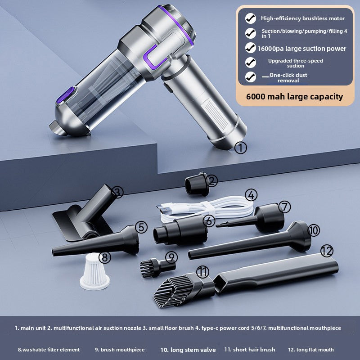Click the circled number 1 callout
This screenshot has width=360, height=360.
241,148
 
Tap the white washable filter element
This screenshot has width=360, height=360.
94,271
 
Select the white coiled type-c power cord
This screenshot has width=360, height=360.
206,208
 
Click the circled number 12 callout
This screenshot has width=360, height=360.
327,251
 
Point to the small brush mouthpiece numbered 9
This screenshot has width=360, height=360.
158,267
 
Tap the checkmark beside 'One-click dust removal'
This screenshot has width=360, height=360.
251,77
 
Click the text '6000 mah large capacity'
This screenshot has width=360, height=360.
294,97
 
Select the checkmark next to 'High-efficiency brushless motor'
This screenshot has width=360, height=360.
251,18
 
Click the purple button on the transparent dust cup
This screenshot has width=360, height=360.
66,95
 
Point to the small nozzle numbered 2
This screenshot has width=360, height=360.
197,184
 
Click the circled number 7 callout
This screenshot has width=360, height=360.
284,207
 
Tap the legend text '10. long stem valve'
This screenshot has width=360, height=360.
188,350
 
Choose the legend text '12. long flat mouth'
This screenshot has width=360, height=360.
311,350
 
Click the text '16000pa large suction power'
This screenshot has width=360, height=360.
301,49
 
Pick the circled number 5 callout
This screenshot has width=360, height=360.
141,227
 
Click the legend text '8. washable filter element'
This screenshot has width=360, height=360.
49,350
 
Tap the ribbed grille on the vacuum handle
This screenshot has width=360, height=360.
216,114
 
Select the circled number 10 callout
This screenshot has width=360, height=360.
313,230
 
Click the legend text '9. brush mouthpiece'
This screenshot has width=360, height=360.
120,350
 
